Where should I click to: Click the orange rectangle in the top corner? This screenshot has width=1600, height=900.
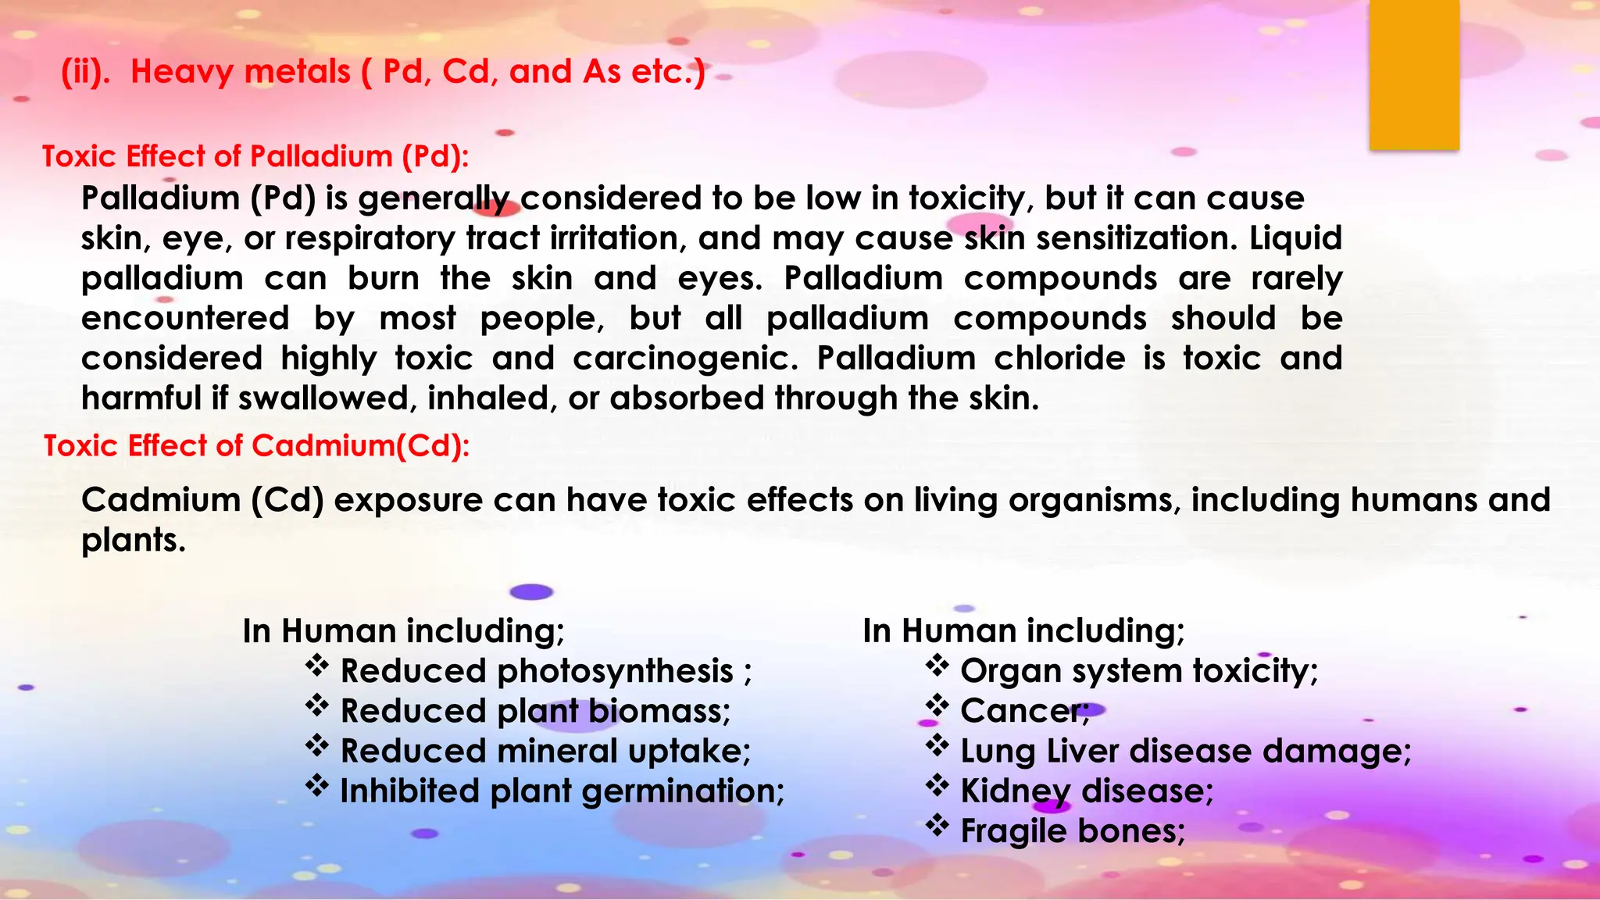1414,75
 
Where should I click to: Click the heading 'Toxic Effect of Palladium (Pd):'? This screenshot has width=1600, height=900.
255,156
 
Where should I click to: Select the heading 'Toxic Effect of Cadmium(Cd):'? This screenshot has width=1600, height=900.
256,445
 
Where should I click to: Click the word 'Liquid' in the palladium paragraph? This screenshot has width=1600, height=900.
1295,238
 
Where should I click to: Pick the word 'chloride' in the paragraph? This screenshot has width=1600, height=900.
1059,359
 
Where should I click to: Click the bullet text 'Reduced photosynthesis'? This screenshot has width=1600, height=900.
537,671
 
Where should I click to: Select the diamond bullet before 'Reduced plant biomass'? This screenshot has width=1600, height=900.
316,706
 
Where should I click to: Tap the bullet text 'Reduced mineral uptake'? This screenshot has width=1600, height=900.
545,751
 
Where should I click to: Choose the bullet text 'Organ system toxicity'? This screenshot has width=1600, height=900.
1137,671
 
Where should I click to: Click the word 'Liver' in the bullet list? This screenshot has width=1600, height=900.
1083,751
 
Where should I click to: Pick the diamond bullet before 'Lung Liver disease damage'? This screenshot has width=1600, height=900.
937,746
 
